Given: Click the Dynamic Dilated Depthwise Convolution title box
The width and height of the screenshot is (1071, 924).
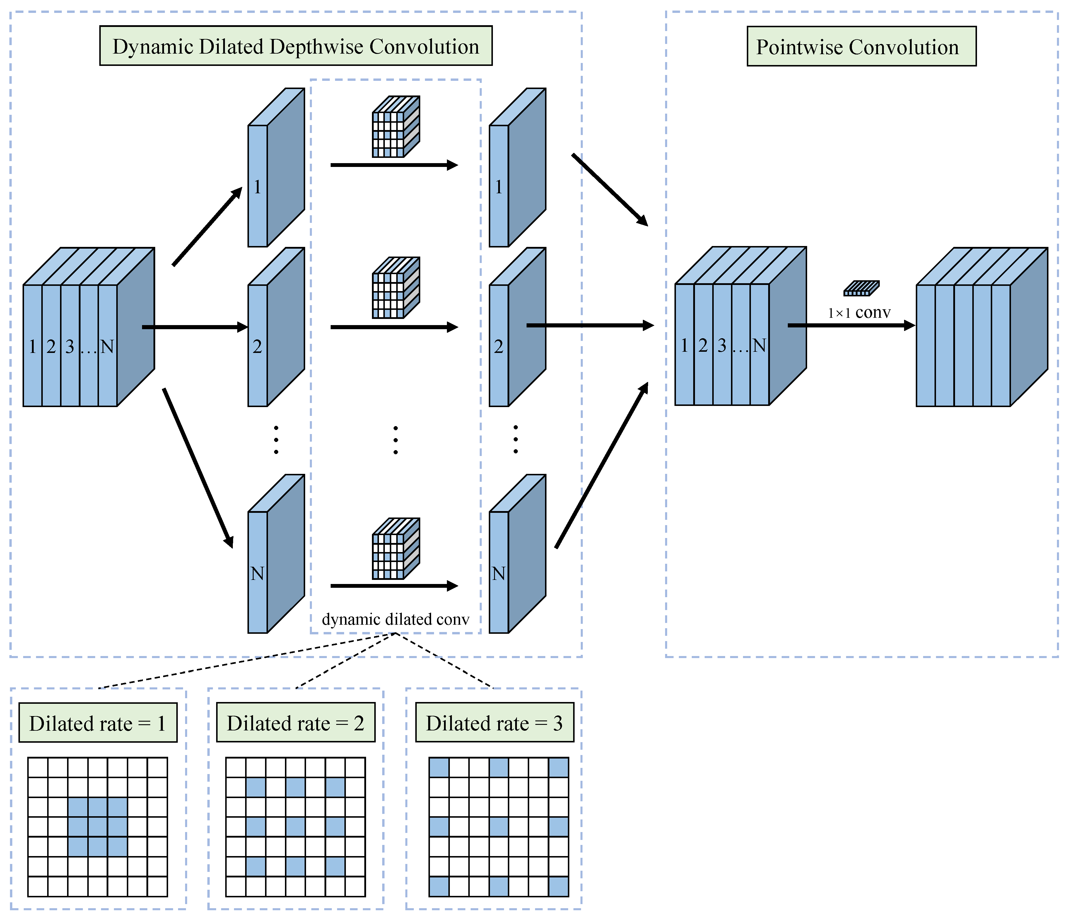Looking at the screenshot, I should (x=296, y=46).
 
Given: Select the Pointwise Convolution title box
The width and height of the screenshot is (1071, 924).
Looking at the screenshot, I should (x=861, y=47).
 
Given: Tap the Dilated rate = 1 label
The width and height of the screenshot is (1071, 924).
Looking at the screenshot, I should (x=98, y=723).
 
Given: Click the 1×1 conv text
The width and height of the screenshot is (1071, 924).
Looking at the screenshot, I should (x=859, y=313).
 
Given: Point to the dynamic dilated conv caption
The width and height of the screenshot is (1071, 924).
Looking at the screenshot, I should (x=395, y=619).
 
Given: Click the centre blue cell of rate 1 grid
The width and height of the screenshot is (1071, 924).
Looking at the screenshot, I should (x=98, y=827).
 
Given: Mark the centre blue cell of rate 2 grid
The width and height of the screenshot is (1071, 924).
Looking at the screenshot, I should (x=296, y=827).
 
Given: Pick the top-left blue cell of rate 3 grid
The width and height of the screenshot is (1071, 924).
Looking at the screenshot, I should (x=439, y=767).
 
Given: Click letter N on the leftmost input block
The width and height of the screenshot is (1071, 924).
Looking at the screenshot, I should (x=107, y=346).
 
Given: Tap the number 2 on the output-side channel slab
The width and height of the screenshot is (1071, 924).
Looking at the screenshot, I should (x=498, y=346).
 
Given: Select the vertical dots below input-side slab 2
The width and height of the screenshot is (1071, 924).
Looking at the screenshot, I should (x=276, y=440).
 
